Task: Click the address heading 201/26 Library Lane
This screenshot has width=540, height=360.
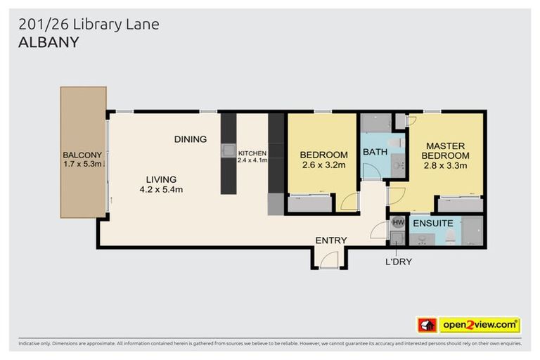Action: coord(89,25)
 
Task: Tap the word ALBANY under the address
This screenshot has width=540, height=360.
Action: coord(48,42)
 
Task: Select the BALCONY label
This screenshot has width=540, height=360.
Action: coord(82,155)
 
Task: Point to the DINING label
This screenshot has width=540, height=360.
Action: coord(191,139)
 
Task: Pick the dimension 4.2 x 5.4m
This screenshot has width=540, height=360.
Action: coord(161,189)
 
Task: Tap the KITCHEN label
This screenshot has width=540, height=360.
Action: coord(252,153)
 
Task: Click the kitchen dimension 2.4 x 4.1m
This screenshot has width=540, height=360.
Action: coord(252,161)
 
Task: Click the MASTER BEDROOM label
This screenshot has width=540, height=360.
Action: coord(446,150)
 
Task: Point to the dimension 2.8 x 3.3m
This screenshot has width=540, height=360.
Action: coord(446,166)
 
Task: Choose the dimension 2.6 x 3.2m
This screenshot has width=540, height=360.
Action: coord(323,166)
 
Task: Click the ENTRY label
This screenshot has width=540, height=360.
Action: coord(330,240)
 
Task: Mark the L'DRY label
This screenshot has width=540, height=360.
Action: coord(398,262)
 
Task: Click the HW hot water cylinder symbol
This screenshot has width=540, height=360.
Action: coord(397,222)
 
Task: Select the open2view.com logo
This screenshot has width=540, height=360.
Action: coord(480,325)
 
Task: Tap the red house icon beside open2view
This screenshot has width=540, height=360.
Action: coord(427,325)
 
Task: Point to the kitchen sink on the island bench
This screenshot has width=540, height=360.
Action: coord(229,149)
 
